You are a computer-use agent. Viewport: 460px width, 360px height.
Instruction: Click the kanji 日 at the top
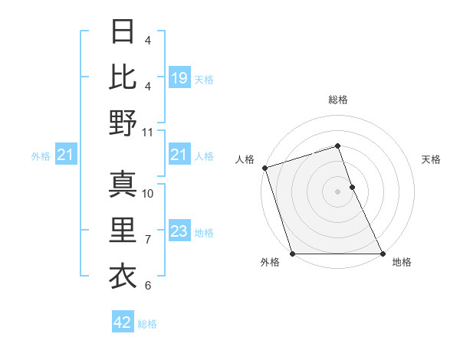click(123, 33)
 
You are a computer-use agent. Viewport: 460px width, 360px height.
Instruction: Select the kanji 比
click(123, 77)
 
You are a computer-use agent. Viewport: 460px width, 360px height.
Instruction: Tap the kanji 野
click(123, 123)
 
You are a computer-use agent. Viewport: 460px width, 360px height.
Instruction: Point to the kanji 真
click(123, 184)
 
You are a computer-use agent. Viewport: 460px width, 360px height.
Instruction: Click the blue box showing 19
click(179, 78)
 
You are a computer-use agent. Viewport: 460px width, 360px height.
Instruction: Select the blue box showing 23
click(179, 232)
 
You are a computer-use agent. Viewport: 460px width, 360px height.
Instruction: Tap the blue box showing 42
click(123, 322)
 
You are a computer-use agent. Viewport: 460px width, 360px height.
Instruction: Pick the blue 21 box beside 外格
click(67, 155)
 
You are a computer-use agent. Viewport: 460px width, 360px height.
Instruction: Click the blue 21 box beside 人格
click(179, 155)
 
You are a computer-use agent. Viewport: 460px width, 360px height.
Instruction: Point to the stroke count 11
click(148, 132)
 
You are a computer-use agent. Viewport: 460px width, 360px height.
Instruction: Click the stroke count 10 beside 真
click(148, 193)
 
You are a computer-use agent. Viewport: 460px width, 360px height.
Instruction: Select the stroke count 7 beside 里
click(148, 240)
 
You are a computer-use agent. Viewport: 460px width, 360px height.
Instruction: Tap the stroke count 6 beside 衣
click(148, 286)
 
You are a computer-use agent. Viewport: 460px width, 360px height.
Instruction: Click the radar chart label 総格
click(338, 100)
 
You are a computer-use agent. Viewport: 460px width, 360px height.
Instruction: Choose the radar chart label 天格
click(431, 159)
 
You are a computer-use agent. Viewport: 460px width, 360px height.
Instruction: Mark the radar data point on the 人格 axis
click(264, 168)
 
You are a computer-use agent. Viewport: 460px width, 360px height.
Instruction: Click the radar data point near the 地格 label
click(383, 254)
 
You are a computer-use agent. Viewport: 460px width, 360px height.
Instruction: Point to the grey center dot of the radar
click(338, 191)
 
